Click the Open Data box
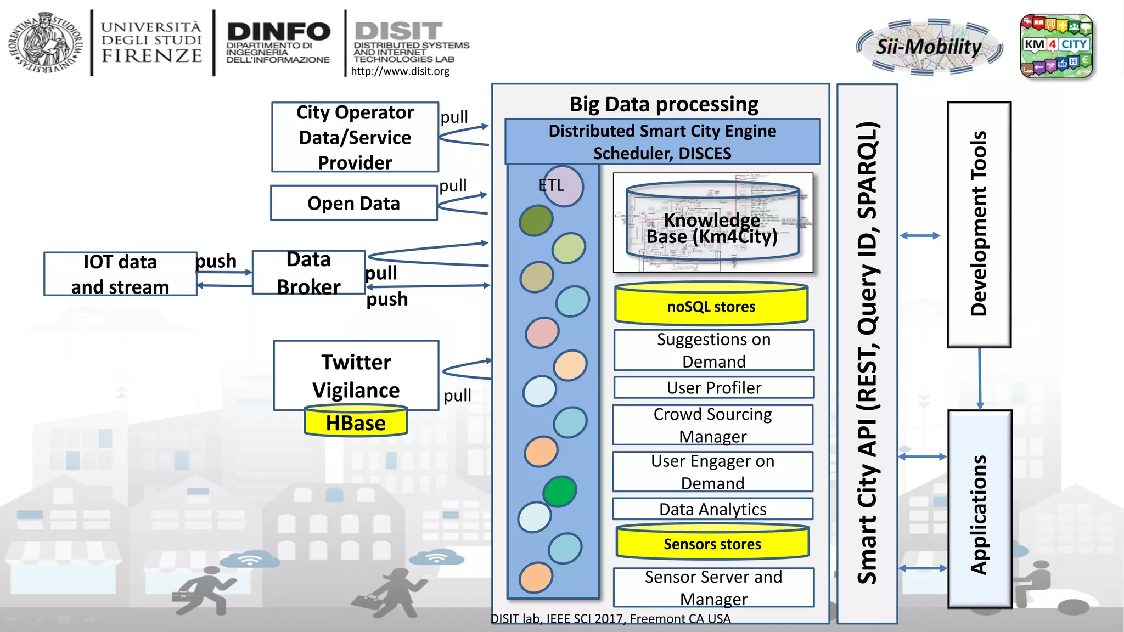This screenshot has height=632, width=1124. coord(353,203)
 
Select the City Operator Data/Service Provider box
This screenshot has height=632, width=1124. coord(355,137)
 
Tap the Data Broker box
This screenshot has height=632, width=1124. coord(308,273)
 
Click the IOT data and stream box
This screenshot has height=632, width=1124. coord(120,274)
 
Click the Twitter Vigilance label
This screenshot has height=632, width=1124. coord(356,375)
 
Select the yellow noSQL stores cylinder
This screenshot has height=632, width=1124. coord(711,305)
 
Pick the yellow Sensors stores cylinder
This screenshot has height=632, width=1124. coord(712,543)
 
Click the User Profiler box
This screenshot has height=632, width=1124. coord(713,387)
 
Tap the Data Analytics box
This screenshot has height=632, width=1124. coord(712,509)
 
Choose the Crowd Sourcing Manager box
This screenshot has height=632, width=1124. coord(712,425)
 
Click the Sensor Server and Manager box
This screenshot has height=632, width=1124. coord(713,588)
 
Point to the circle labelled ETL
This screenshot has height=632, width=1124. coord(563,186)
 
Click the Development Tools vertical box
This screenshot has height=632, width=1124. coord(979,224)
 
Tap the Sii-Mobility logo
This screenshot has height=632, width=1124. coord(929,48)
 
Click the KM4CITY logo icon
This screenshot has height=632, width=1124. coord(1056,46)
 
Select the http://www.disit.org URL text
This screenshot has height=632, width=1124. coord(400,71)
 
